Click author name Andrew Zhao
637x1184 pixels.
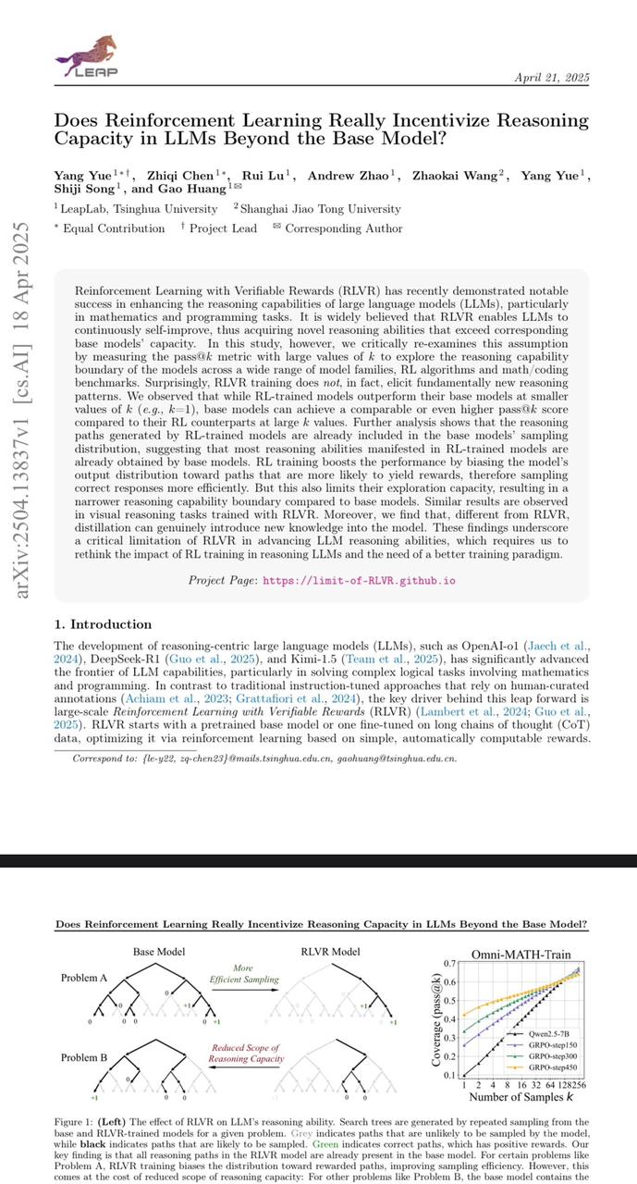(x=353, y=176)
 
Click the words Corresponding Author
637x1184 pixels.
(x=343, y=228)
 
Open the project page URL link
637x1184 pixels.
(x=359, y=580)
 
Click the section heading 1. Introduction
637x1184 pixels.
(x=109, y=625)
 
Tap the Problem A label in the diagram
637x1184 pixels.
(x=84, y=978)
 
